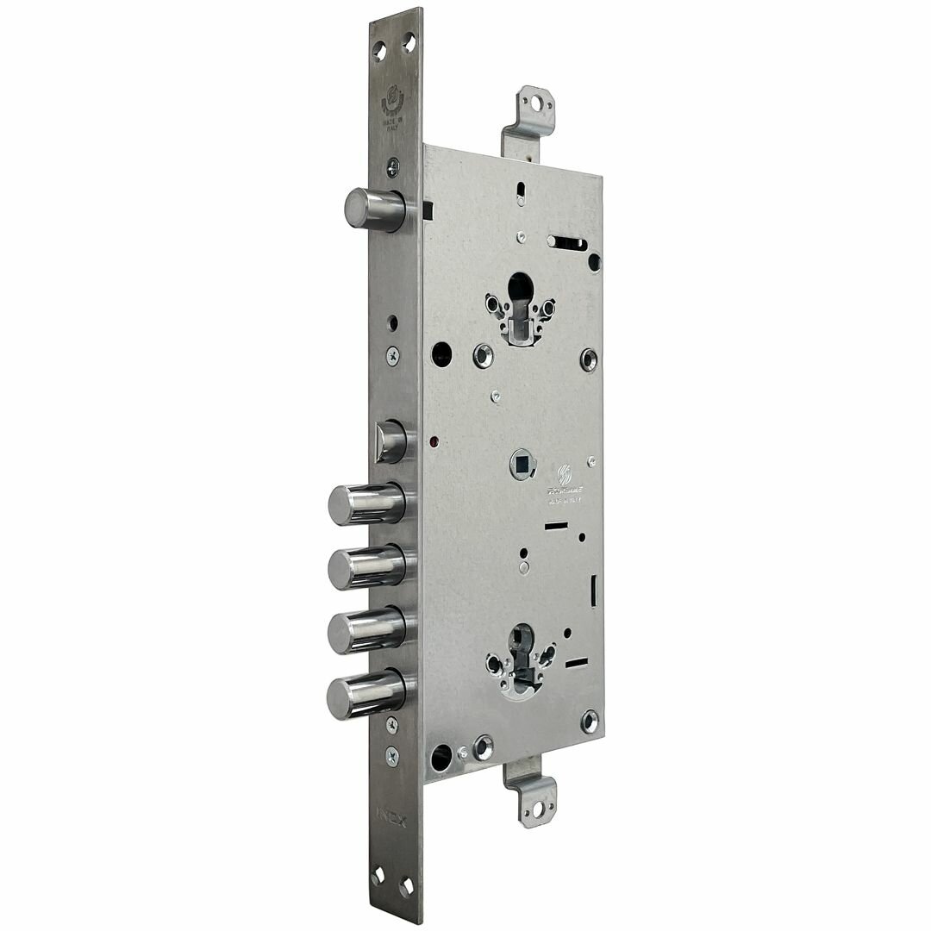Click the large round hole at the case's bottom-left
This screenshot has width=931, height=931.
pos(441,755)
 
